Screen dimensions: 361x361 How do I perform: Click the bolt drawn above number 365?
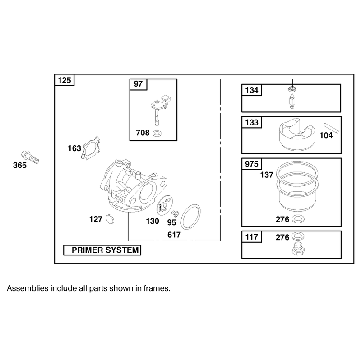point(30,157)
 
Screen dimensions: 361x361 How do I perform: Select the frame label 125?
point(65,80)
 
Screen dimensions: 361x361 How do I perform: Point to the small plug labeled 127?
point(110,219)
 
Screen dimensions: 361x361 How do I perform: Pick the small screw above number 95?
point(175,213)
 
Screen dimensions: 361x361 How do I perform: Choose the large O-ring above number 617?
point(190,217)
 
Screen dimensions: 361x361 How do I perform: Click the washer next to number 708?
point(157,133)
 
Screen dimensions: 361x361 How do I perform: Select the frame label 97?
point(138,84)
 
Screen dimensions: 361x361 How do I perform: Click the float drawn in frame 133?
point(297,134)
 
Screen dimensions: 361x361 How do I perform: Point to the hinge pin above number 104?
point(331,128)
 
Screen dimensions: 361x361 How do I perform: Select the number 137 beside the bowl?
point(267,175)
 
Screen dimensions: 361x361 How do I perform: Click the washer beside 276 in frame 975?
point(298,219)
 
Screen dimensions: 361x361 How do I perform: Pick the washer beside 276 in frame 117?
point(298,236)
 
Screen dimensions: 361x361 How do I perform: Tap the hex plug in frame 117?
point(298,249)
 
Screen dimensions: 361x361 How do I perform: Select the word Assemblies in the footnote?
point(28,288)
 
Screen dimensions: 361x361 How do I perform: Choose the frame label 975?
point(252,164)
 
